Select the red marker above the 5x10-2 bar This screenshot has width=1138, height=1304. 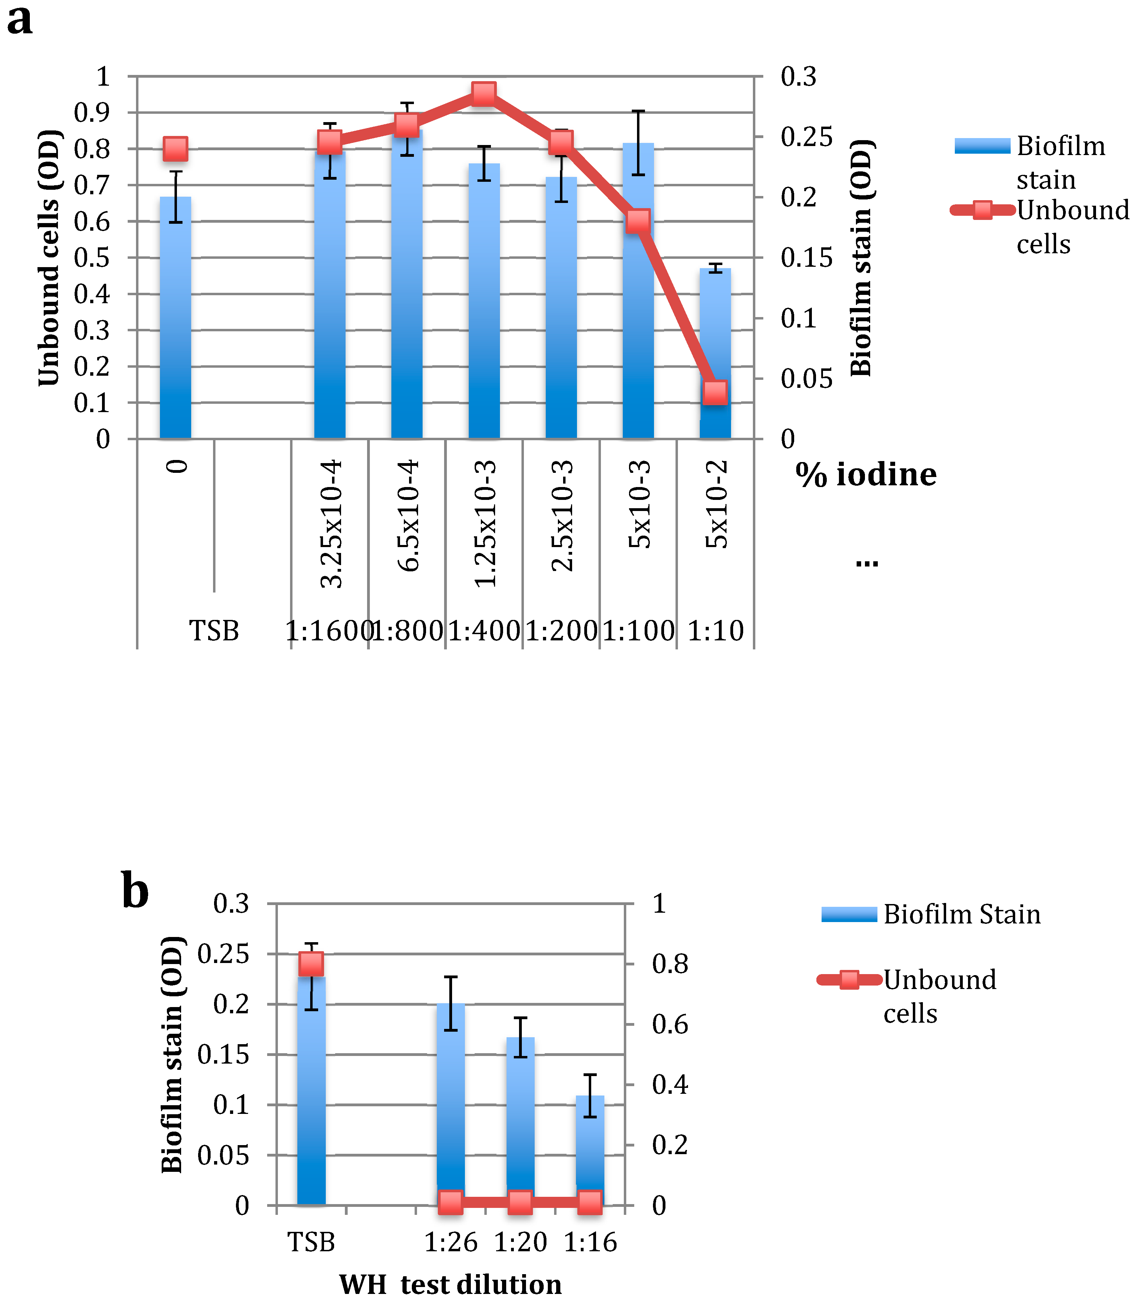tap(715, 393)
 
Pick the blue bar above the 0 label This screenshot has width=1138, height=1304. tap(175, 317)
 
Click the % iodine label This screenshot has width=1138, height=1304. tap(866, 475)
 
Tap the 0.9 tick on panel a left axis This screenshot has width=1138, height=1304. tap(92, 113)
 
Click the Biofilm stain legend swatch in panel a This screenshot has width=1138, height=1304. tap(982, 146)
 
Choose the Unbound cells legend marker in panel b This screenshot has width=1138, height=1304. tap(849, 980)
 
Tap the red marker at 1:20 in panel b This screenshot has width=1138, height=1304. tap(520, 1202)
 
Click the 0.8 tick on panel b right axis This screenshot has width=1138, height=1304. tap(670, 964)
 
